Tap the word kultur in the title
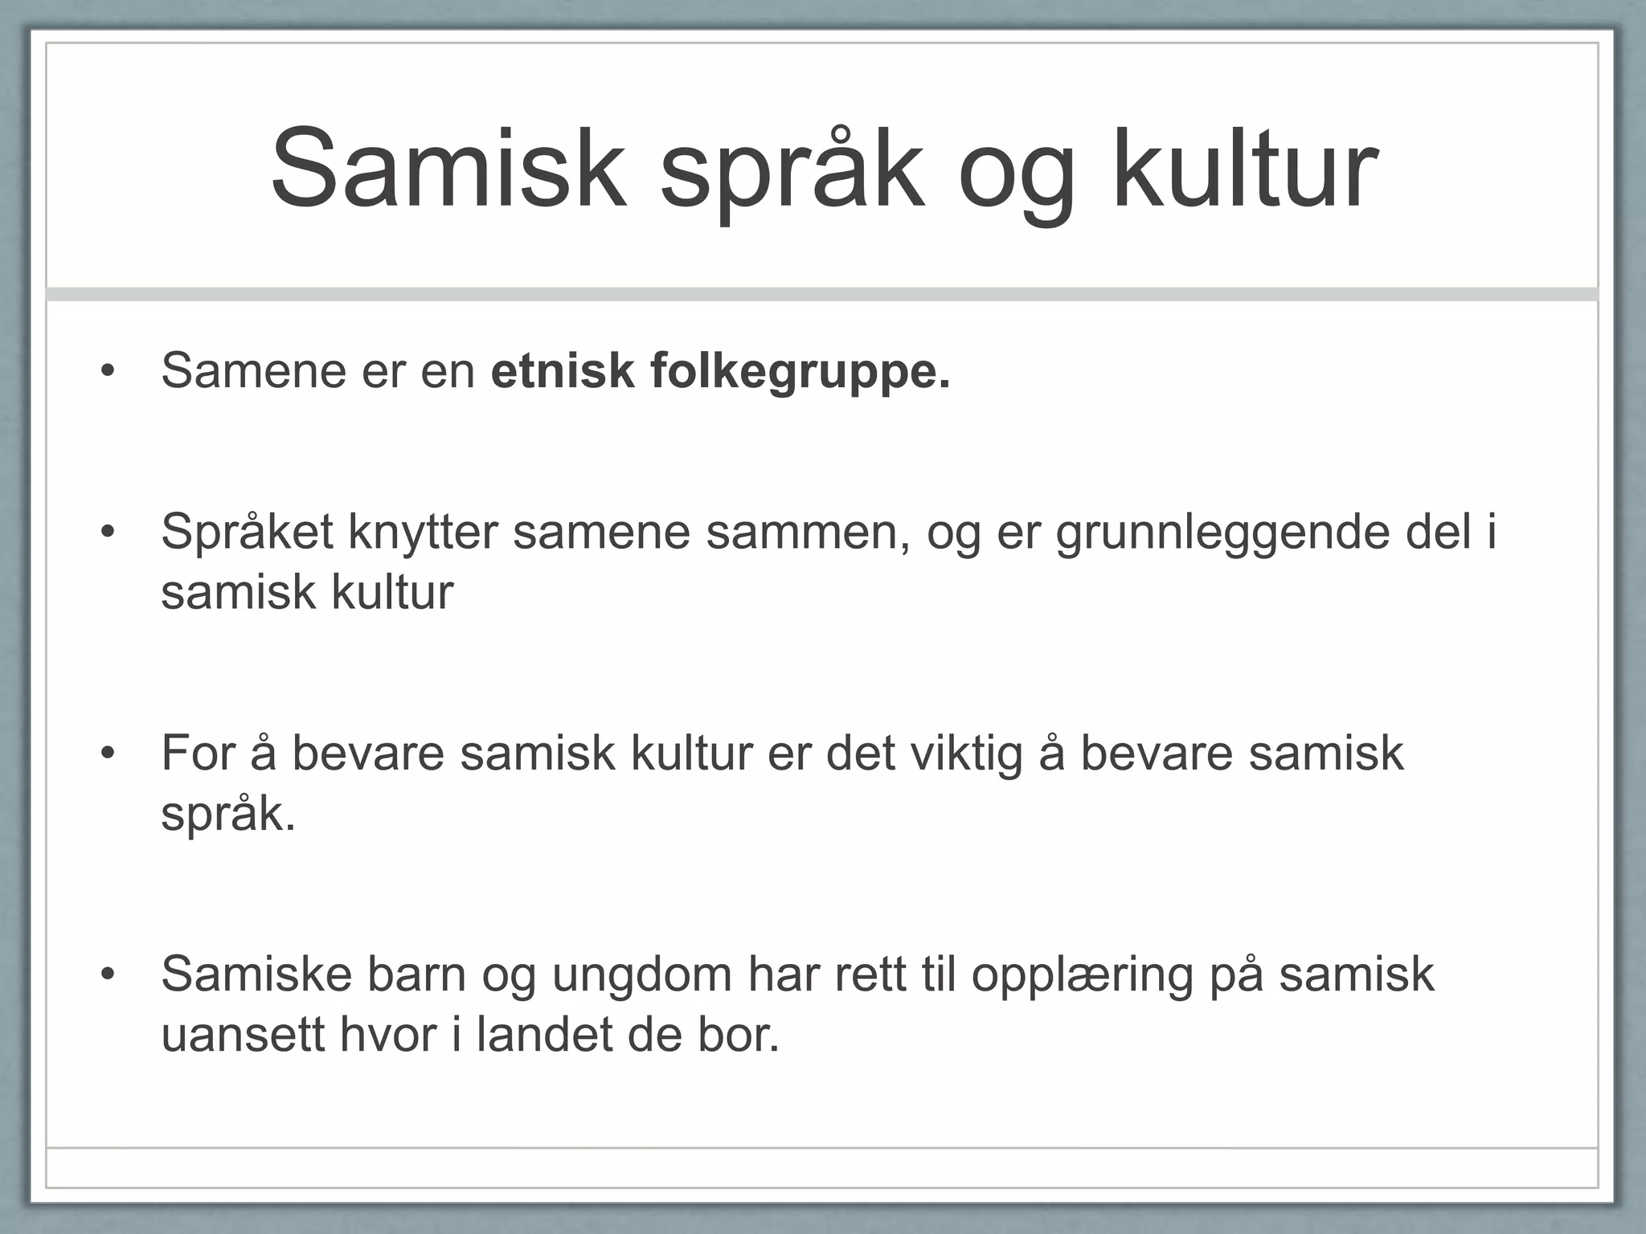coord(1245,170)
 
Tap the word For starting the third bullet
coord(198,754)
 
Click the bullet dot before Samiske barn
coord(109,975)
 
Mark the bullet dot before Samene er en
coord(109,372)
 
